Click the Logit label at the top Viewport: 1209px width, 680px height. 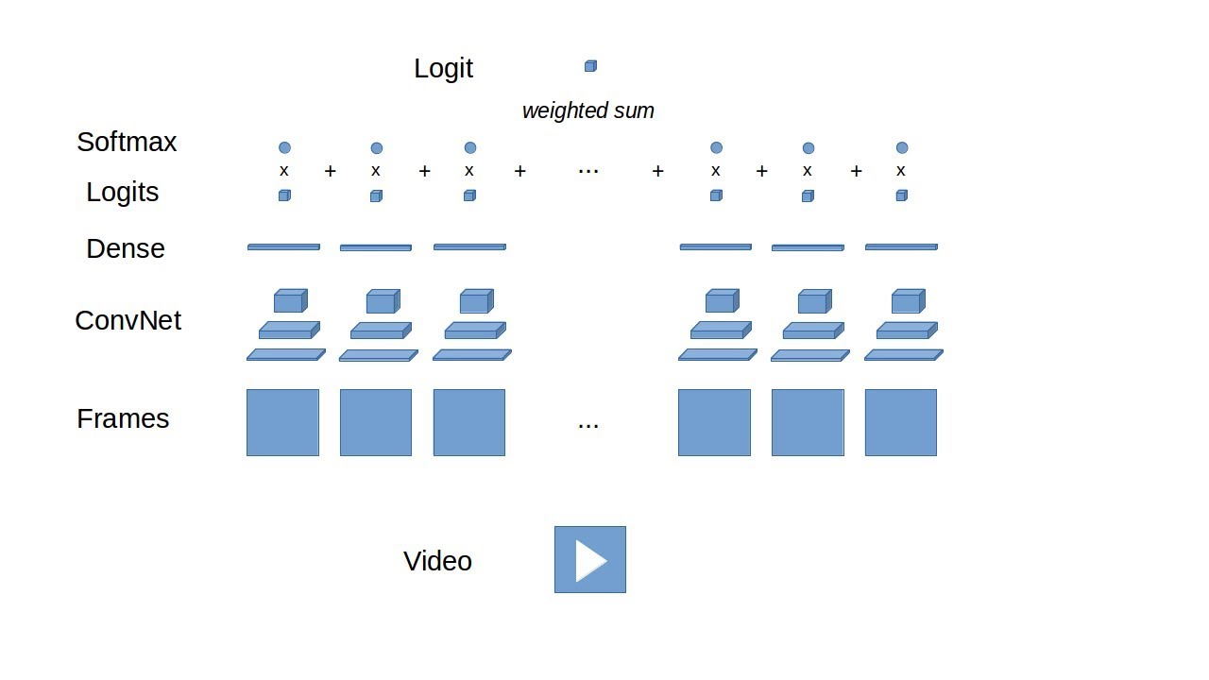[443, 68]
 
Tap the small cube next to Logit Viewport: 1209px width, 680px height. [590, 66]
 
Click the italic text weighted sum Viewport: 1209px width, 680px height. [587, 110]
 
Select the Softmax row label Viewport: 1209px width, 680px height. [127, 142]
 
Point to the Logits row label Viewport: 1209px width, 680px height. [122, 192]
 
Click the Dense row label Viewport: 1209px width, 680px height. [125, 248]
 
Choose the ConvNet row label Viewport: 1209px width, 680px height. [128, 320]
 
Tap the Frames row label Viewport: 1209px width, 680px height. [123, 418]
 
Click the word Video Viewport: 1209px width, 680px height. [437, 561]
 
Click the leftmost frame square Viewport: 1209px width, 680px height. [282, 422]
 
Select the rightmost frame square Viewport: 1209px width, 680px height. [900, 422]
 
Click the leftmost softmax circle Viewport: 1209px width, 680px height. [284, 147]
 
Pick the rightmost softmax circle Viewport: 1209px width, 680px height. [902, 147]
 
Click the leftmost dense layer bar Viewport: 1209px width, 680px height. [283, 247]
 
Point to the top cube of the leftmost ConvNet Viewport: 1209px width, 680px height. [290, 301]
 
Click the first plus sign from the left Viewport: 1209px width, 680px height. [330, 171]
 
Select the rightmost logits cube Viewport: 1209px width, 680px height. [901, 195]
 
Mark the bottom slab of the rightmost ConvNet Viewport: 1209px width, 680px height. [903, 355]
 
